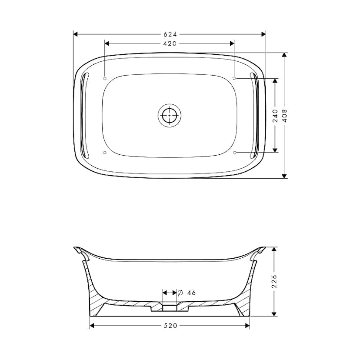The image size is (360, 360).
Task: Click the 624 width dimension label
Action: tap(170, 34)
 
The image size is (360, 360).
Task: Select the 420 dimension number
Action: tap(170, 43)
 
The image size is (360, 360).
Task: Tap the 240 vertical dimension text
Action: tap(275, 116)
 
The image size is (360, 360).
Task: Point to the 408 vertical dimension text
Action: tap(284, 116)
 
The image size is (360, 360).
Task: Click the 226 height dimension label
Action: tap(274, 281)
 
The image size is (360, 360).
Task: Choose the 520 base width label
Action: tap(170, 326)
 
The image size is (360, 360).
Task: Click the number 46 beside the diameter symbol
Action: tap(191, 293)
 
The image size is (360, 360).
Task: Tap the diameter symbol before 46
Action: tap(180, 293)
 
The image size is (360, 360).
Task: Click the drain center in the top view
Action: tap(170, 115)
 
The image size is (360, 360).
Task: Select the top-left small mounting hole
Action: tap(105, 79)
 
